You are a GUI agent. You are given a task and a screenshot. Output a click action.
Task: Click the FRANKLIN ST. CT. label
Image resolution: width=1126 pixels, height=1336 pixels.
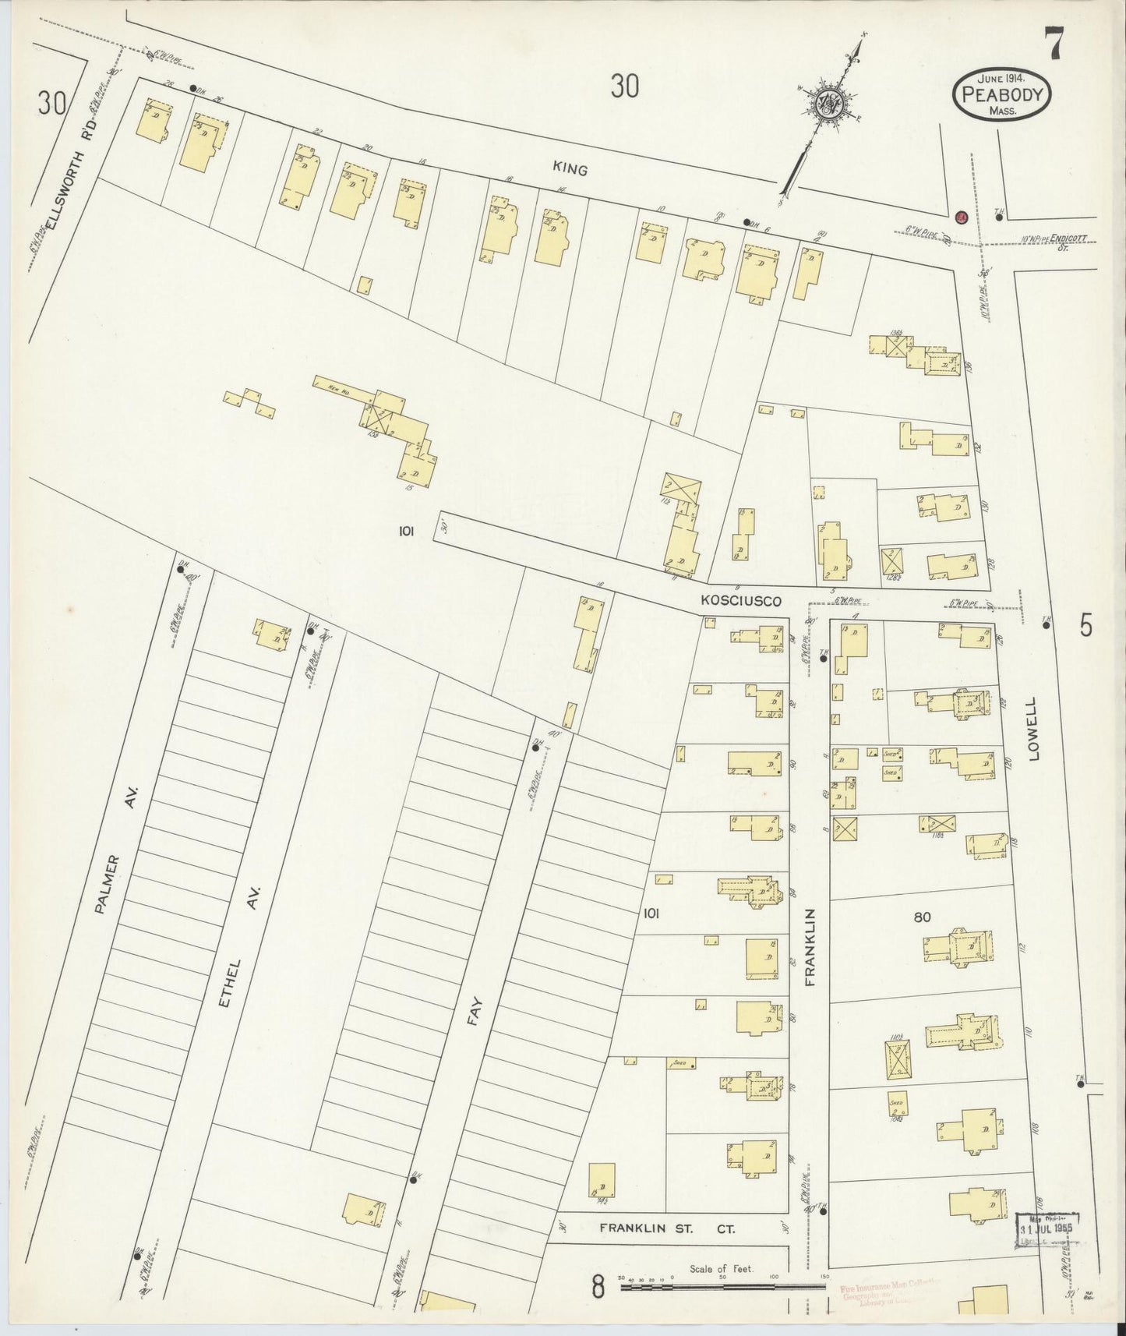pos(667,1227)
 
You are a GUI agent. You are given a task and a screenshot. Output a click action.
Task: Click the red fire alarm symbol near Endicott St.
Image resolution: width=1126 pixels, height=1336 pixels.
pos(962,217)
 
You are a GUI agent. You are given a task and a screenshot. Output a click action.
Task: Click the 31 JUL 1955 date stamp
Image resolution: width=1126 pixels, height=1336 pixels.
pos(1048,1231)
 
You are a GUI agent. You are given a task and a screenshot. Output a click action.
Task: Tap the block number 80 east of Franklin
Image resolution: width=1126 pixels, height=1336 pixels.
pos(921,917)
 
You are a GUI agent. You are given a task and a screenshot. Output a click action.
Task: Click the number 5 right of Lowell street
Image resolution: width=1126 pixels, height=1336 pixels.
pos(1086,625)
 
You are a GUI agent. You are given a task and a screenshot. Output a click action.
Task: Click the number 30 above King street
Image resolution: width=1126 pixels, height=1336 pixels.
pos(624,86)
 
